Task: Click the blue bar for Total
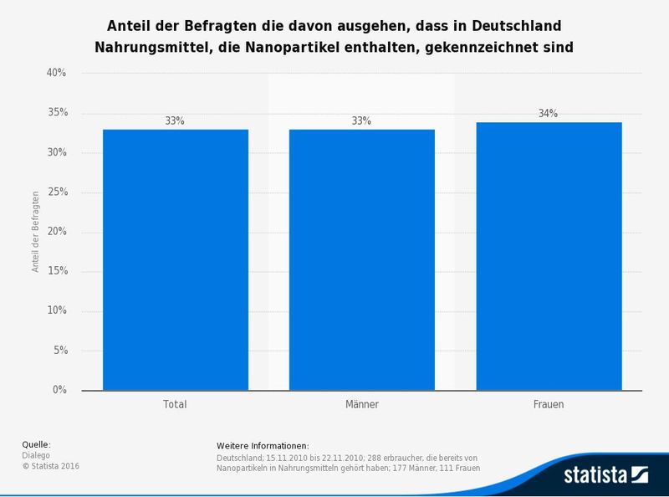click(x=175, y=259)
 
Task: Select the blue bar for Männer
click(x=361, y=259)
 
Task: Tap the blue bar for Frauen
click(x=549, y=256)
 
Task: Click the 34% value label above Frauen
click(x=549, y=114)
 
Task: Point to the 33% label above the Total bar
click(x=175, y=121)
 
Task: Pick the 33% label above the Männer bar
click(x=361, y=121)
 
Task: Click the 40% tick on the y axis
click(x=57, y=74)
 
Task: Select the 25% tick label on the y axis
click(x=57, y=192)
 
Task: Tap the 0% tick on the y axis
click(x=59, y=391)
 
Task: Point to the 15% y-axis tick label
click(x=57, y=272)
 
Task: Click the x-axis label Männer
click(x=361, y=404)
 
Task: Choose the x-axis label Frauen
click(x=549, y=404)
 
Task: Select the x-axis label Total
click(x=175, y=404)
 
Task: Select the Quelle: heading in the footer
click(x=36, y=444)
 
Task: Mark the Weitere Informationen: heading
click(x=263, y=446)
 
